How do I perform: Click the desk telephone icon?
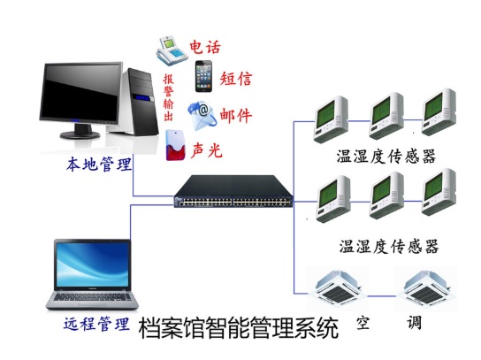(x=172, y=50)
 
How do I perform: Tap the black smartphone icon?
(x=203, y=76)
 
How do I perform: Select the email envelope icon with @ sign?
(x=202, y=116)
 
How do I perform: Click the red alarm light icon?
(x=175, y=145)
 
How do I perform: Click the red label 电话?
(x=205, y=47)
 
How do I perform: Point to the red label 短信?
(x=235, y=79)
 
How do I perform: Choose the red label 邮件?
(x=235, y=116)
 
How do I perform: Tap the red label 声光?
(x=206, y=150)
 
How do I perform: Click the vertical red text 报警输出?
(x=168, y=97)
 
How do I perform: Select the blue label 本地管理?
(x=99, y=165)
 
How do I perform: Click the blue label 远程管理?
(x=96, y=324)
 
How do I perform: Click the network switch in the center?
(x=233, y=192)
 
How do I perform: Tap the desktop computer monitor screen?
(x=80, y=91)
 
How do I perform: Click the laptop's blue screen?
(x=92, y=264)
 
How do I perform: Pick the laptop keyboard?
(x=92, y=297)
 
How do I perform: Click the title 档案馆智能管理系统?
(x=239, y=328)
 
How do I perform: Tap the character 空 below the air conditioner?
(x=363, y=323)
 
